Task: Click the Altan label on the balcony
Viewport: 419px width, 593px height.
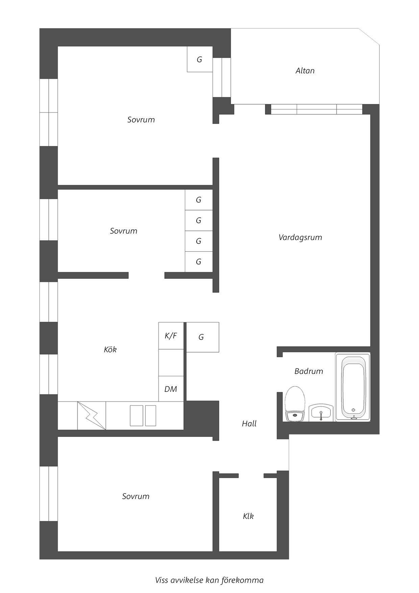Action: click(x=305, y=71)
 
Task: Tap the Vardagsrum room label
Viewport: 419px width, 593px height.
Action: click(x=300, y=237)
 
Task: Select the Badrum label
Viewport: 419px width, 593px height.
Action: click(x=309, y=371)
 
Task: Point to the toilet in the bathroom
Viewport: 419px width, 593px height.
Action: click(x=295, y=404)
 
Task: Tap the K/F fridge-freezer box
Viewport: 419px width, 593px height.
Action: click(x=171, y=336)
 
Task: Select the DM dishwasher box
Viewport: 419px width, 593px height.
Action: click(x=171, y=389)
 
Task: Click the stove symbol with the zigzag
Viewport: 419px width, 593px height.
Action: click(x=92, y=416)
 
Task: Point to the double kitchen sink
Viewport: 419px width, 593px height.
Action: click(x=143, y=416)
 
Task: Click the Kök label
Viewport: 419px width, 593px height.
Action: click(x=110, y=350)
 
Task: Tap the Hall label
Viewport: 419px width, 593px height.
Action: click(x=249, y=424)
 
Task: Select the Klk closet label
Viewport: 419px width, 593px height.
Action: click(x=248, y=516)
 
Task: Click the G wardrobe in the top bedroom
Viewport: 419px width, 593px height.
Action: click(x=200, y=59)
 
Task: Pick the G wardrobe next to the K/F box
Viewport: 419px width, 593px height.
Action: click(x=202, y=337)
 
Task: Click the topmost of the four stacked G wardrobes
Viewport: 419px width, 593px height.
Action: click(x=199, y=200)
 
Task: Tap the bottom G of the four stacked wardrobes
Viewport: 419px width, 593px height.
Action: click(x=199, y=262)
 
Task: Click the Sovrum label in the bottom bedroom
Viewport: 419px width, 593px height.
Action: click(x=135, y=496)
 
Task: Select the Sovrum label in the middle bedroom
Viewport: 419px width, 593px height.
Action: click(x=123, y=231)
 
